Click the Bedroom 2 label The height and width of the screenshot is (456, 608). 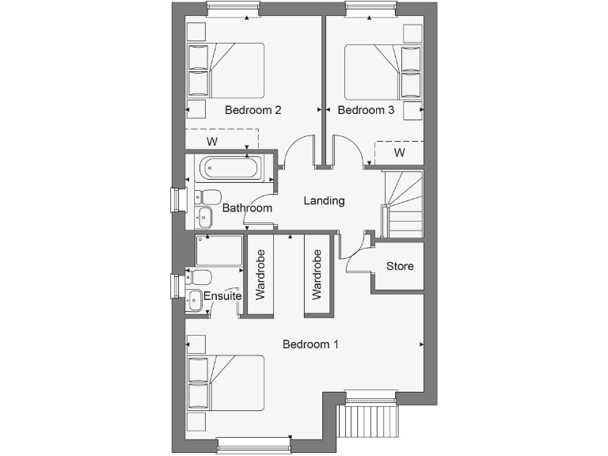coord(253,110)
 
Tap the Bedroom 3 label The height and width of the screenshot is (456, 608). coord(366,110)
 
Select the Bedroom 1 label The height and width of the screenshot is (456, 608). coord(310,344)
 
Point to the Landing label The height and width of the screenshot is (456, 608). coord(325,200)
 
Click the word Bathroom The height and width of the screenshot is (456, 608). coord(247,208)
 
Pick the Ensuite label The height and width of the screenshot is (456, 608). coord(222,296)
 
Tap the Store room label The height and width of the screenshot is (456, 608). coord(400,266)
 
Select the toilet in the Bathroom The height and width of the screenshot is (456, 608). coord(209,196)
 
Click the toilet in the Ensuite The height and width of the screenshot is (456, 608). coord(199,276)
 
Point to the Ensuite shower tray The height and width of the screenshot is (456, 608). coord(218,250)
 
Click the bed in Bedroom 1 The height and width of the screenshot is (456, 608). coord(225,382)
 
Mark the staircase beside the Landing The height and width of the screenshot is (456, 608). coord(403,203)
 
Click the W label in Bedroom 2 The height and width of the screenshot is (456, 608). coord(212,142)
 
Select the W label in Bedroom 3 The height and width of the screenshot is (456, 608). coord(400,152)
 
